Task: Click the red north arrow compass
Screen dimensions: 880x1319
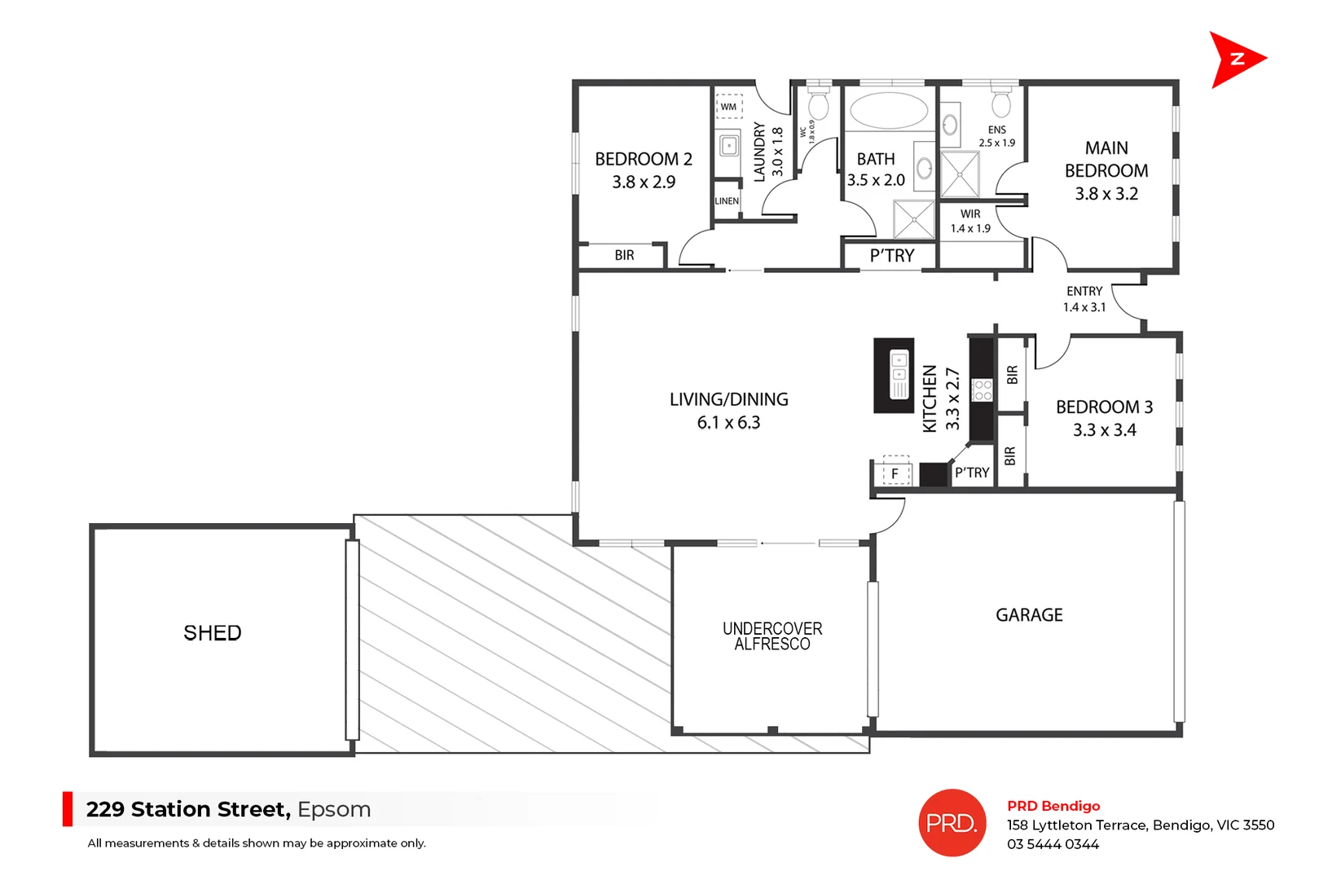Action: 1233,59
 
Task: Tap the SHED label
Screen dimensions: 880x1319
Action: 213,633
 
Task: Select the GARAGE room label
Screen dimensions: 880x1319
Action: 1029,615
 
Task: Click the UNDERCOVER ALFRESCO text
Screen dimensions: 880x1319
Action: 772,636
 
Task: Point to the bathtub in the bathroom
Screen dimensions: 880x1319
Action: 888,110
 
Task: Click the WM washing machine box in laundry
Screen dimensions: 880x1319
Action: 728,107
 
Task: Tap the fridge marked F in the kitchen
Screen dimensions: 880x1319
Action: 895,473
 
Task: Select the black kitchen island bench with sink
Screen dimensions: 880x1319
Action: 894,376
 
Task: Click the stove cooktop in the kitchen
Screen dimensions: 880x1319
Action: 983,389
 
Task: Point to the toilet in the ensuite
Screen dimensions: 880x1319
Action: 1001,103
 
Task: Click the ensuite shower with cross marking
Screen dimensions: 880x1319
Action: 960,174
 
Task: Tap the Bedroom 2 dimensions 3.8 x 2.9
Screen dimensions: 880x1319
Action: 644,183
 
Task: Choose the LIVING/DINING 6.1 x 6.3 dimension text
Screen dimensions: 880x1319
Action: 728,423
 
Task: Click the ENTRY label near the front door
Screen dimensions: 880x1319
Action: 1084,291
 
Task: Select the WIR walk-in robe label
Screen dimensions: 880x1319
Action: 970,213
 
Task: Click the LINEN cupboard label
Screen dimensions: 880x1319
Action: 727,201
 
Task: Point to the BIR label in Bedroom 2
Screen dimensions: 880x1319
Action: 624,256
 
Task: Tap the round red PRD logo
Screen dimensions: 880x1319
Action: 952,823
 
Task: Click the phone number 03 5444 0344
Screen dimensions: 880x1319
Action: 1053,845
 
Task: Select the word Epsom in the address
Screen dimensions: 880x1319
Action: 334,810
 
